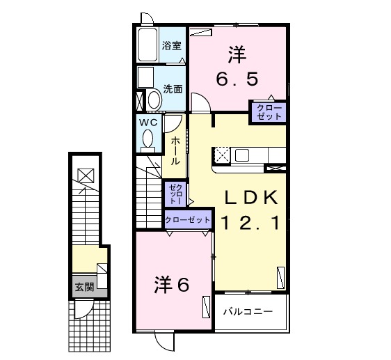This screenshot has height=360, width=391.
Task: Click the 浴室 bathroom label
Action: click(x=172, y=47)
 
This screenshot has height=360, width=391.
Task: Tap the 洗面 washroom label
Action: click(x=173, y=88)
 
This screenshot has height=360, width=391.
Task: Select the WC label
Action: click(x=148, y=122)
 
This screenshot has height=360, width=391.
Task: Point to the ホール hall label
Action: click(x=175, y=150)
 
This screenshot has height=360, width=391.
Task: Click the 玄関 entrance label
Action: click(x=84, y=286)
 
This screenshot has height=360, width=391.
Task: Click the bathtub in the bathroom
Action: click(x=147, y=45)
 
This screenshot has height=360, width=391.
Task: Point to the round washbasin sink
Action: click(x=154, y=100)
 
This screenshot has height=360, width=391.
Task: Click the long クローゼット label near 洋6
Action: click(x=188, y=219)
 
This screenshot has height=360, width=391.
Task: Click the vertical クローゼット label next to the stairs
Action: click(x=175, y=193)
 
